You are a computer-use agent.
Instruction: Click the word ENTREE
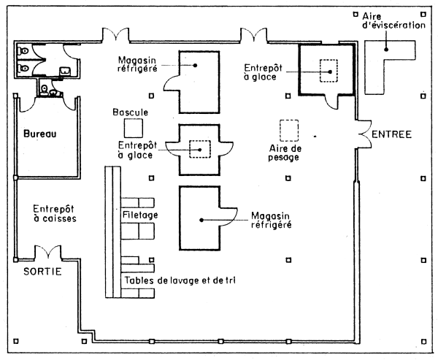point(392,134)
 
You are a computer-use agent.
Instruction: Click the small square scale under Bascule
point(133,129)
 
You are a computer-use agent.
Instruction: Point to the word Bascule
point(131,113)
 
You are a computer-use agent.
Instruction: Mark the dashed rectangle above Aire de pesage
point(291,130)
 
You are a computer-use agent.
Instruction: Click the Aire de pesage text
point(280,152)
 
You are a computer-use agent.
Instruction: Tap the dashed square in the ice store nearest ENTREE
point(331,70)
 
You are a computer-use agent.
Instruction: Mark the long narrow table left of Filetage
point(112,232)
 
